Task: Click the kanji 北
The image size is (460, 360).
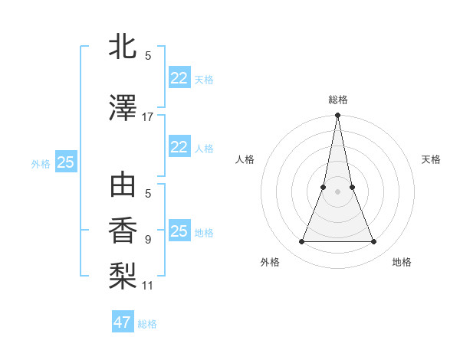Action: (123, 47)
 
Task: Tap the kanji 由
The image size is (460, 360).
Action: (123, 186)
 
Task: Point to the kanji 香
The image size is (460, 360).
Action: (123, 231)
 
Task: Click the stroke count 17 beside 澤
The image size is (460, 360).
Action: (148, 116)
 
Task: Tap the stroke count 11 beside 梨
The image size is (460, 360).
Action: (148, 286)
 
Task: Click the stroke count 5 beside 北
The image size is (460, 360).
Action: (148, 55)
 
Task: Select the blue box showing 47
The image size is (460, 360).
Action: (123, 322)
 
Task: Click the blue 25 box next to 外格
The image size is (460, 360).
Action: (65, 162)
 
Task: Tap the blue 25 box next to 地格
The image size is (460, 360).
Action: (179, 231)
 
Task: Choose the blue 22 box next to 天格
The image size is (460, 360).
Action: (179, 78)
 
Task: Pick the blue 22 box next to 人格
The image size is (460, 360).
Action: (179, 147)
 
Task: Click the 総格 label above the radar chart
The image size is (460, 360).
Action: (338, 100)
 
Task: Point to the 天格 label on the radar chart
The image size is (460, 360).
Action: (432, 159)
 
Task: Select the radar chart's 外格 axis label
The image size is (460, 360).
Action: (270, 262)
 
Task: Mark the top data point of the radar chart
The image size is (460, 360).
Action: (337, 116)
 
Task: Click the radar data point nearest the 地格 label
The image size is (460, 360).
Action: (374, 242)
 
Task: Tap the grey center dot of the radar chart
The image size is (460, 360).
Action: (337, 191)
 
